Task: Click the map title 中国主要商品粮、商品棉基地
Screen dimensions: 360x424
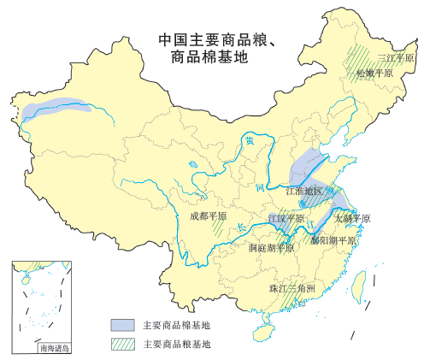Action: [x=221, y=48]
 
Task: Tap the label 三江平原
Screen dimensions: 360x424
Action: [x=395, y=58]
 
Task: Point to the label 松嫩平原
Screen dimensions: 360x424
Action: [x=375, y=74]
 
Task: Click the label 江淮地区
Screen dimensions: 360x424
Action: [x=304, y=191]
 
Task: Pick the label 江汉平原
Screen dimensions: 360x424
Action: [x=286, y=219]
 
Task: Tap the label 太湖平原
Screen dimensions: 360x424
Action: [x=352, y=219]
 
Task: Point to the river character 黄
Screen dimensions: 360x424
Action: [x=248, y=142]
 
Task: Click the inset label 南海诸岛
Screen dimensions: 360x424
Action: [x=53, y=348]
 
